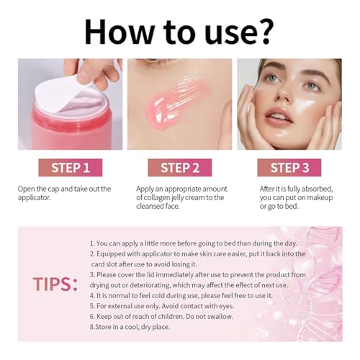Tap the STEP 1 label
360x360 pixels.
[70, 168]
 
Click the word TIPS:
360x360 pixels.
[55, 284]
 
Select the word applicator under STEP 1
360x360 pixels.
[37, 197]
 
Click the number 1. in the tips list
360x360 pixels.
[94, 243]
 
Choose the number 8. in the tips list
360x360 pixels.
[93, 325]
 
